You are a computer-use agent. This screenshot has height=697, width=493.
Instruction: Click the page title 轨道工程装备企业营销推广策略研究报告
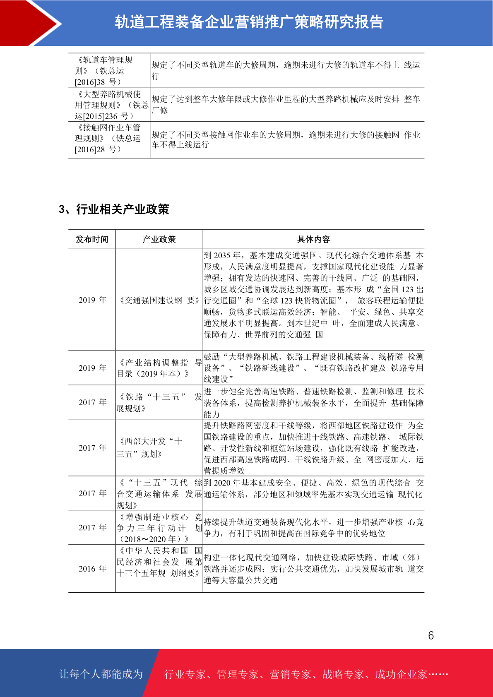click(249, 22)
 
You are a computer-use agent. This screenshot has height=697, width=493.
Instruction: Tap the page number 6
click(431, 635)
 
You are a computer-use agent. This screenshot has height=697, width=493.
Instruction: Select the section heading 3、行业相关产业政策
click(114, 209)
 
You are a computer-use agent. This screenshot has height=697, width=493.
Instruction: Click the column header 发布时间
click(92, 239)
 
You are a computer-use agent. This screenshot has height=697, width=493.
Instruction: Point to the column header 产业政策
click(159, 239)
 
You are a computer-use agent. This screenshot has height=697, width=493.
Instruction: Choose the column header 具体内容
click(313, 239)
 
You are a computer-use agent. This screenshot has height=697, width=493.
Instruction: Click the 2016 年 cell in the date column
click(92, 569)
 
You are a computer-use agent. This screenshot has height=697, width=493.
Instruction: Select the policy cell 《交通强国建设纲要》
click(159, 300)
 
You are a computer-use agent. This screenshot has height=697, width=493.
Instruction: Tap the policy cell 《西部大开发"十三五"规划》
click(150, 447)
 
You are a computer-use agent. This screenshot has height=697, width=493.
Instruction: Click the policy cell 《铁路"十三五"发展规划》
click(159, 402)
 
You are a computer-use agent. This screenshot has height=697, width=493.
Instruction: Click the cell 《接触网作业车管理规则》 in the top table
click(108, 138)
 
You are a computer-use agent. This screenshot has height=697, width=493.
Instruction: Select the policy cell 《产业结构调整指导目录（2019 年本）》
click(159, 368)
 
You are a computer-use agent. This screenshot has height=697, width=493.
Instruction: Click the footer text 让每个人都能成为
click(101, 674)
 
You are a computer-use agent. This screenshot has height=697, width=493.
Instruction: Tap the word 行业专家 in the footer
click(185, 675)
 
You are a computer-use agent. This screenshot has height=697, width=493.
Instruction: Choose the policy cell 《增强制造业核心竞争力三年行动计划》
click(159, 528)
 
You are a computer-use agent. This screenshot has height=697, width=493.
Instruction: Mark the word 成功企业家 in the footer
click(401, 675)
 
